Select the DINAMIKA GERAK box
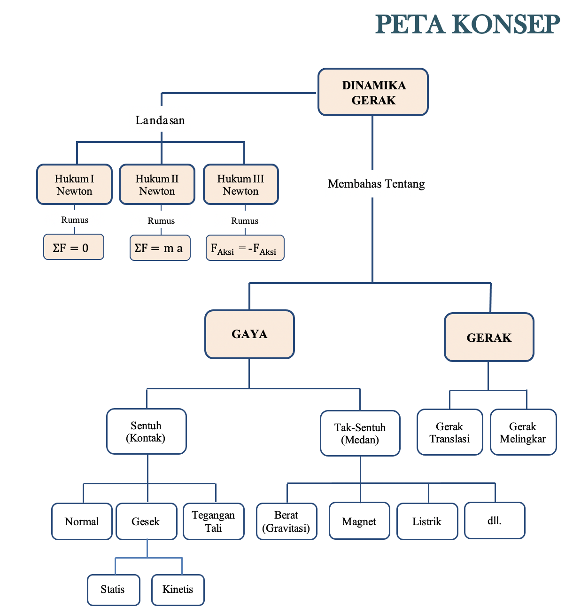(x=373, y=92)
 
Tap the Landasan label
(x=160, y=120)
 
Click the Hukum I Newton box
(x=74, y=184)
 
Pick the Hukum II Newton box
(x=157, y=184)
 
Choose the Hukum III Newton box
(x=241, y=184)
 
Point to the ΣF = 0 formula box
(x=74, y=247)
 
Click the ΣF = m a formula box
(x=160, y=248)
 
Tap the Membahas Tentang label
(x=376, y=184)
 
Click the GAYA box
(x=249, y=334)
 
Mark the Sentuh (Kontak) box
(x=147, y=431)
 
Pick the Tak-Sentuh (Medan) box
(x=360, y=433)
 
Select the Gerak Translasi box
(x=449, y=432)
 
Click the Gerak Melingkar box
(x=523, y=432)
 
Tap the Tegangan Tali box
(x=214, y=521)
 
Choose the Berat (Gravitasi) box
(x=286, y=521)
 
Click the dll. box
(x=495, y=520)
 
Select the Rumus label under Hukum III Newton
(x=245, y=221)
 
